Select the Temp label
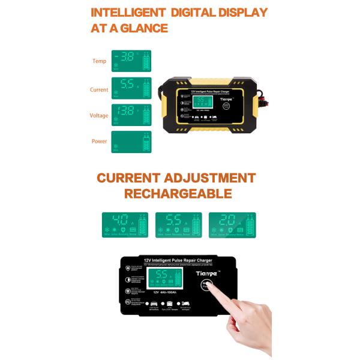(x=99, y=61)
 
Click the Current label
(x=99, y=89)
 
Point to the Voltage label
(x=99, y=116)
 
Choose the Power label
(x=99, y=142)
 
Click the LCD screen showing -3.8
(x=131, y=61)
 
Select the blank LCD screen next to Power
(x=131, y=142)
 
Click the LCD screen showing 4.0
(x=125, y=224)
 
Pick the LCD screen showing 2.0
(x=232, y=224)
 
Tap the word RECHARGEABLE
(x=178, y=194)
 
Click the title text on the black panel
(x=178, y=260)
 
